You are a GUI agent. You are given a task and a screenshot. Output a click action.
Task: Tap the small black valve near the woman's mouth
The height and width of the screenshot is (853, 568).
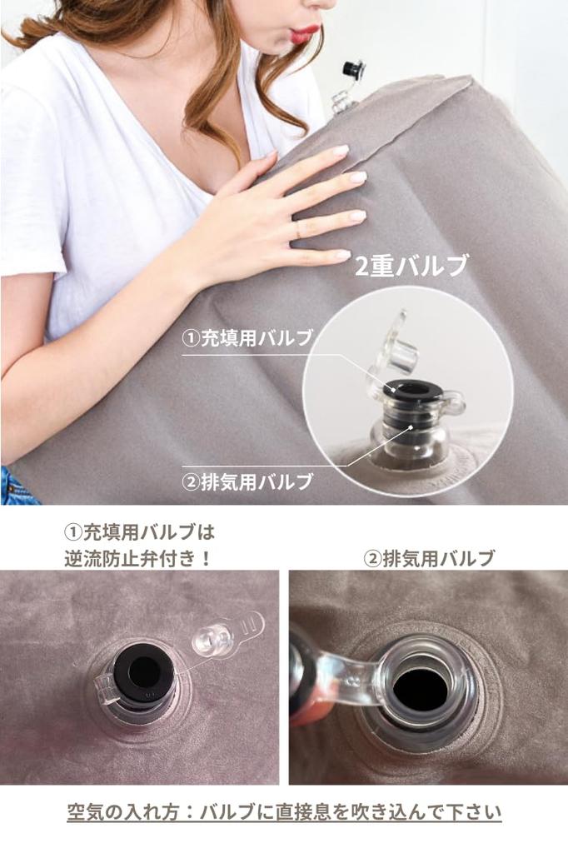(352, 70)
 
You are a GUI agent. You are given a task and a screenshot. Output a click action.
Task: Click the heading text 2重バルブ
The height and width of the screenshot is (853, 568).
(411, 267)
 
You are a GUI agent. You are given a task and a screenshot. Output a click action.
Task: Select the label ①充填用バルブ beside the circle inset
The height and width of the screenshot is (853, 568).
(247, 338)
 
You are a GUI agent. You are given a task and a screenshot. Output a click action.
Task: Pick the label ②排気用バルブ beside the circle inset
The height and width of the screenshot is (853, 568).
(247, 481)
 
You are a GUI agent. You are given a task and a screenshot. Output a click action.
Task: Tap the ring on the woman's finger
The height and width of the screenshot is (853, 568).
(297, 230)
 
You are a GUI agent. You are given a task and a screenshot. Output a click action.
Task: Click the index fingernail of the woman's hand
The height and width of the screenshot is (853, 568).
(341, 150)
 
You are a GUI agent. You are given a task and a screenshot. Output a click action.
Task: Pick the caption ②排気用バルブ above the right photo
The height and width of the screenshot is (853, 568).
(429, 559)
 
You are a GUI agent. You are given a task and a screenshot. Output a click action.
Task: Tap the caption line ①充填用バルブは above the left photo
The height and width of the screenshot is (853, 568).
(139, 532)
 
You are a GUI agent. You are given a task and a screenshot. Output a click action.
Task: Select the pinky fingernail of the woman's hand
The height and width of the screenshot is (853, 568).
(342, 254)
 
